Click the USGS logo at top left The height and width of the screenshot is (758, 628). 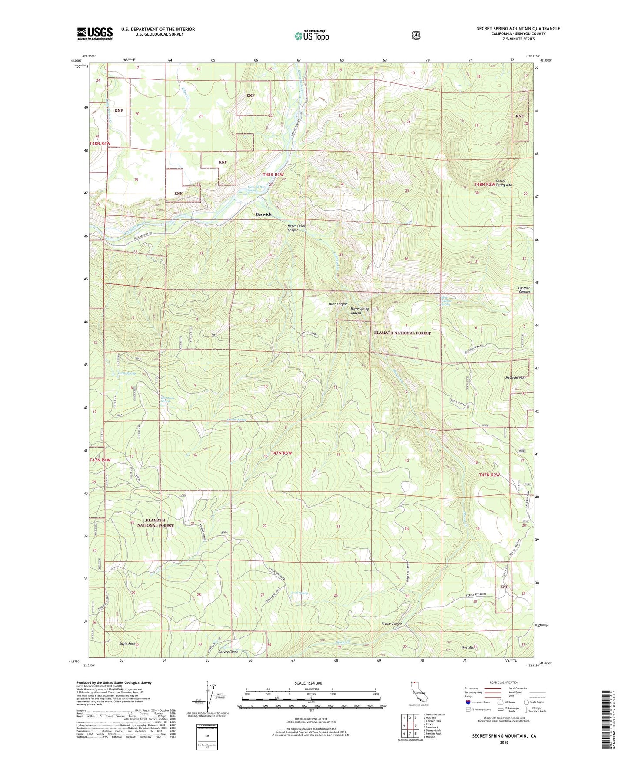95,33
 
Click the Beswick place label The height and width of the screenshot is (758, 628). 263,214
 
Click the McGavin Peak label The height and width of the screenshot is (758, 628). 515,378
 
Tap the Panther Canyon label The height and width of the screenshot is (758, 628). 524,290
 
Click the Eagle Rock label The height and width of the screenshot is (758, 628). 127,643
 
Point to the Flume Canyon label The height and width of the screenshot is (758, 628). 392,624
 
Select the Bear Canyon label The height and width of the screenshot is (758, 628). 338,304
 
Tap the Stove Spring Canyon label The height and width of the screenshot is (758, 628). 359,311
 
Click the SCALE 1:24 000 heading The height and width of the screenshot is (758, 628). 308,683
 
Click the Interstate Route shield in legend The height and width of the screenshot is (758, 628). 468,702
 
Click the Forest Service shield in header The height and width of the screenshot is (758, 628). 416,35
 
